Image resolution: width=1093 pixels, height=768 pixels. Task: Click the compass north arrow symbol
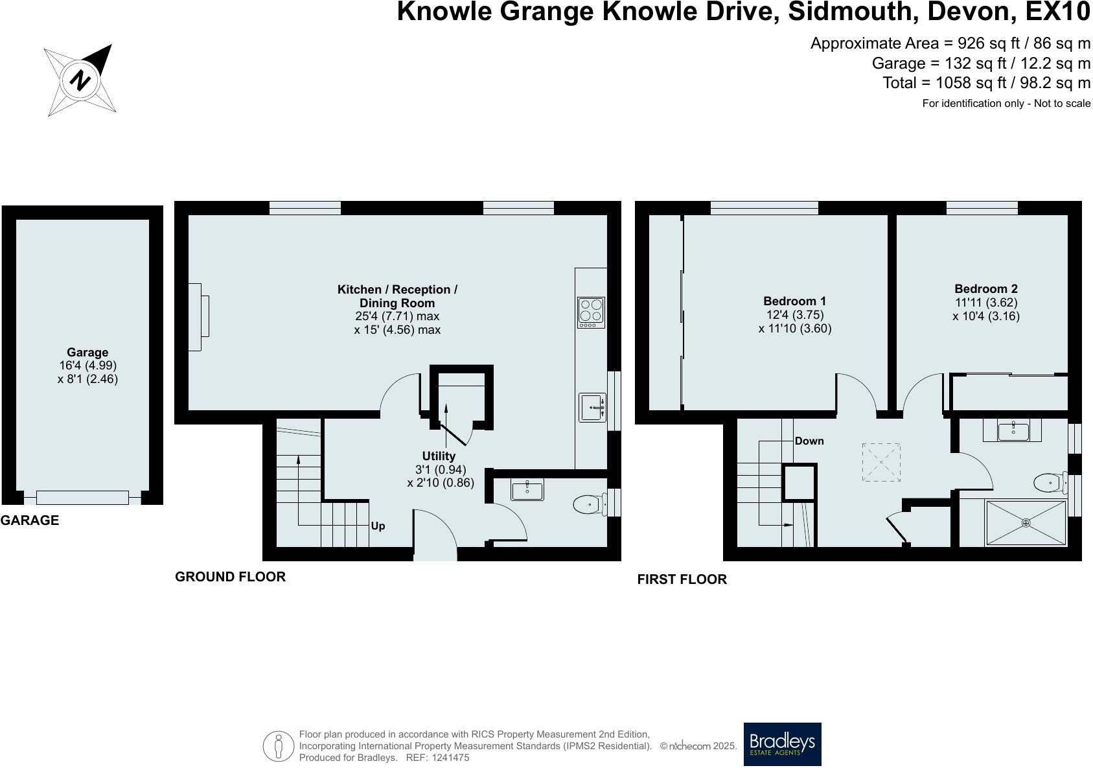pos(81,80)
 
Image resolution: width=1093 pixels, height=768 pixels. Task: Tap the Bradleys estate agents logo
pos(782,744)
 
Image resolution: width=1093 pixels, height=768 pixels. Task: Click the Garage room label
pos(87,353)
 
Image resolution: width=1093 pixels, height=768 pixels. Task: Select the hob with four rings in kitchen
pos(591,310)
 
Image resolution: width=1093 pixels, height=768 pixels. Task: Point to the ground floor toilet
pos(588,504)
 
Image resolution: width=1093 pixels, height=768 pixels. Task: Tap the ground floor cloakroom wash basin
pos(527,490)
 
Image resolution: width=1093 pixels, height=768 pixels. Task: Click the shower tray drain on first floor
pos(1026,522)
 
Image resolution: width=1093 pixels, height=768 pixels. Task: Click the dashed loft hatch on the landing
pos(881,462)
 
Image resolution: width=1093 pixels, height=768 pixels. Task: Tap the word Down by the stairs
pos(809,441)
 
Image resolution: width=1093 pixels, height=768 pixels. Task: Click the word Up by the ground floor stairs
pos(378,526)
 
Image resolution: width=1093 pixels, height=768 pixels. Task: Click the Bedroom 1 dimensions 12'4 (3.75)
pos(794,314)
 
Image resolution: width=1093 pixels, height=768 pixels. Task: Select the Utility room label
pos(439,456)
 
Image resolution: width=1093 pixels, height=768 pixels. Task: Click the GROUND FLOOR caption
pos(230,576)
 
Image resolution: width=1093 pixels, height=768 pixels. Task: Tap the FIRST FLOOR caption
pos(682,579)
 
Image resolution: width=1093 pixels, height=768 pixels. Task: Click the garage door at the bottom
pos(82,498)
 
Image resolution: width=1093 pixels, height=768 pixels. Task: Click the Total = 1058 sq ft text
pos(985,83)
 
